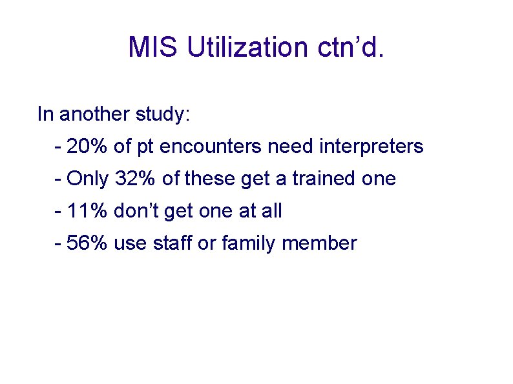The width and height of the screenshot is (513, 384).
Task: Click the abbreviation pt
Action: pos(144,147)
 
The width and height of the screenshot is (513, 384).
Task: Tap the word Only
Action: pos(88,179)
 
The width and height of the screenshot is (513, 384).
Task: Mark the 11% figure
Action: pos(87,211)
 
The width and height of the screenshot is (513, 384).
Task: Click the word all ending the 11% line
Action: pos(272,211)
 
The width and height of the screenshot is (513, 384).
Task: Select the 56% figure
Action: pos(87,243)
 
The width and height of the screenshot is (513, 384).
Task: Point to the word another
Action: pos(95,115)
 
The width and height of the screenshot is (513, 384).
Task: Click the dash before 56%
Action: pos(59,243)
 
